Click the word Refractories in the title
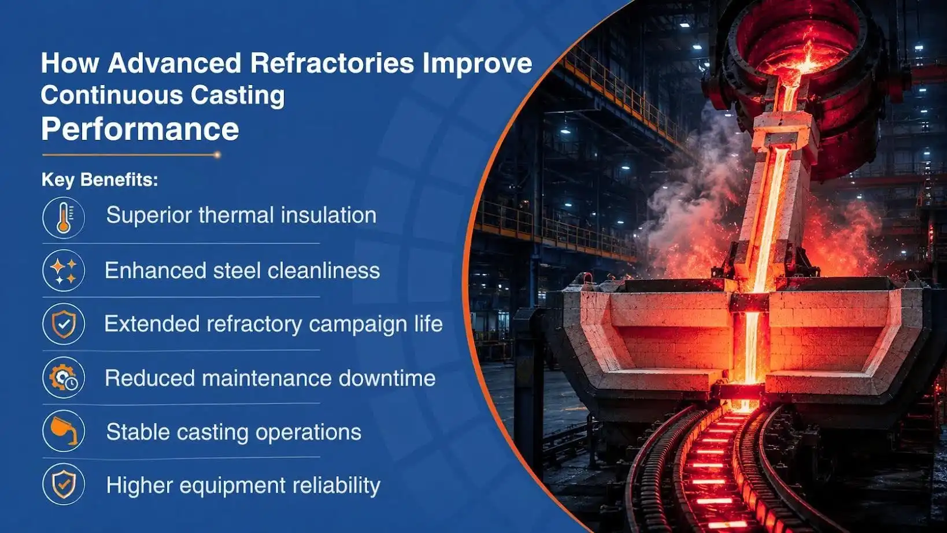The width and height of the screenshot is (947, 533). coord(332,64)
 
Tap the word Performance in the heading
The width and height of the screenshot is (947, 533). coord(140,129)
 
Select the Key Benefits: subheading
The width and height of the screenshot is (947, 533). coord(100,180)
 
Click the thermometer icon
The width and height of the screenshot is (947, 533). coord(64,218)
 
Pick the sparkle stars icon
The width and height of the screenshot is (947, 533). coord(64,271)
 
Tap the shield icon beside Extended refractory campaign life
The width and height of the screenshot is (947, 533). coord(64,324)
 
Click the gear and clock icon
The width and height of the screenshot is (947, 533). coord(64,377)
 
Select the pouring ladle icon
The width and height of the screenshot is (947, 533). coord(64,431)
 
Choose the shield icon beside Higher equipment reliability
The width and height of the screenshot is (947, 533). coord(64,484)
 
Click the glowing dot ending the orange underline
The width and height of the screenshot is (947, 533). coord(217,155)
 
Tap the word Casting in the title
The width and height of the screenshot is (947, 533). coord(238,95)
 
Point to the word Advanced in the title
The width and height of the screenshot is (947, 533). coord(175,64)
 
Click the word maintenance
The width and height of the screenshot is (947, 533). coord(267,378)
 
